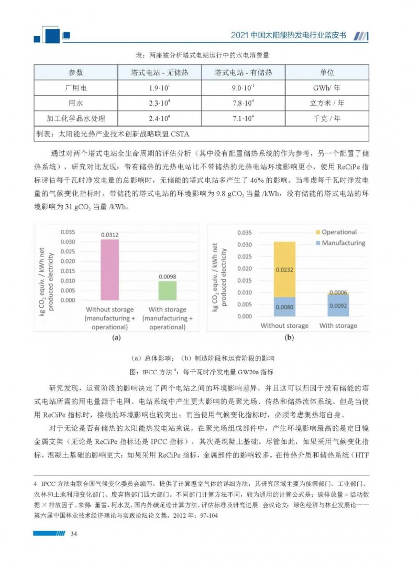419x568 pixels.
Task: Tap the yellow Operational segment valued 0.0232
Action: click(284, 269)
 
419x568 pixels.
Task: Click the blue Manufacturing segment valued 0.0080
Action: click(284, 307)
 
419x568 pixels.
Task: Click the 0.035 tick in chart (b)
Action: click(245, 232)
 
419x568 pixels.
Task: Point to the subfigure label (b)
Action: click(289, 339)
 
